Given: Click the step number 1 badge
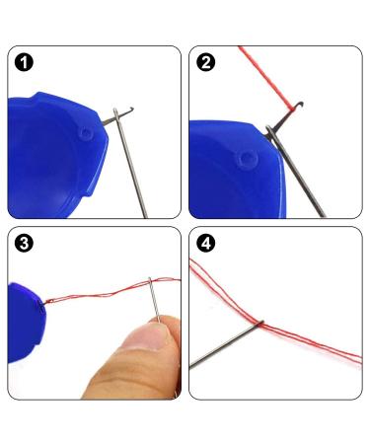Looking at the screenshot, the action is click(x=24, y=62).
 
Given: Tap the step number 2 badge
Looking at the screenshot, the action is click(x=206, y=62).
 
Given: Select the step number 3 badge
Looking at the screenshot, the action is click(x=24, y=244).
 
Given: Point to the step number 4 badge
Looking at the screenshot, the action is click(x=206, y=244).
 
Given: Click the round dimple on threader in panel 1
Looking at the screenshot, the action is click(x=86, y=133).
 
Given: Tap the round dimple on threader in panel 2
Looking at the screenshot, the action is click(x=247, y=159).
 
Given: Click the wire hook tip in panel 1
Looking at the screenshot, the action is click(x=131, y=109).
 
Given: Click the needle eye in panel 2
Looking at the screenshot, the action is click(x=269, y=132).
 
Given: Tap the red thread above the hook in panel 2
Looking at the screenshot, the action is click(x=265, y=78).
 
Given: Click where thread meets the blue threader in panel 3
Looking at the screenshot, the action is click(x=44, y=302).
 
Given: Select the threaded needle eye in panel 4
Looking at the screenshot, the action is click(x=260, y=323).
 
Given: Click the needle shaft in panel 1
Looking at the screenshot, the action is click(x=131, y=166).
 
